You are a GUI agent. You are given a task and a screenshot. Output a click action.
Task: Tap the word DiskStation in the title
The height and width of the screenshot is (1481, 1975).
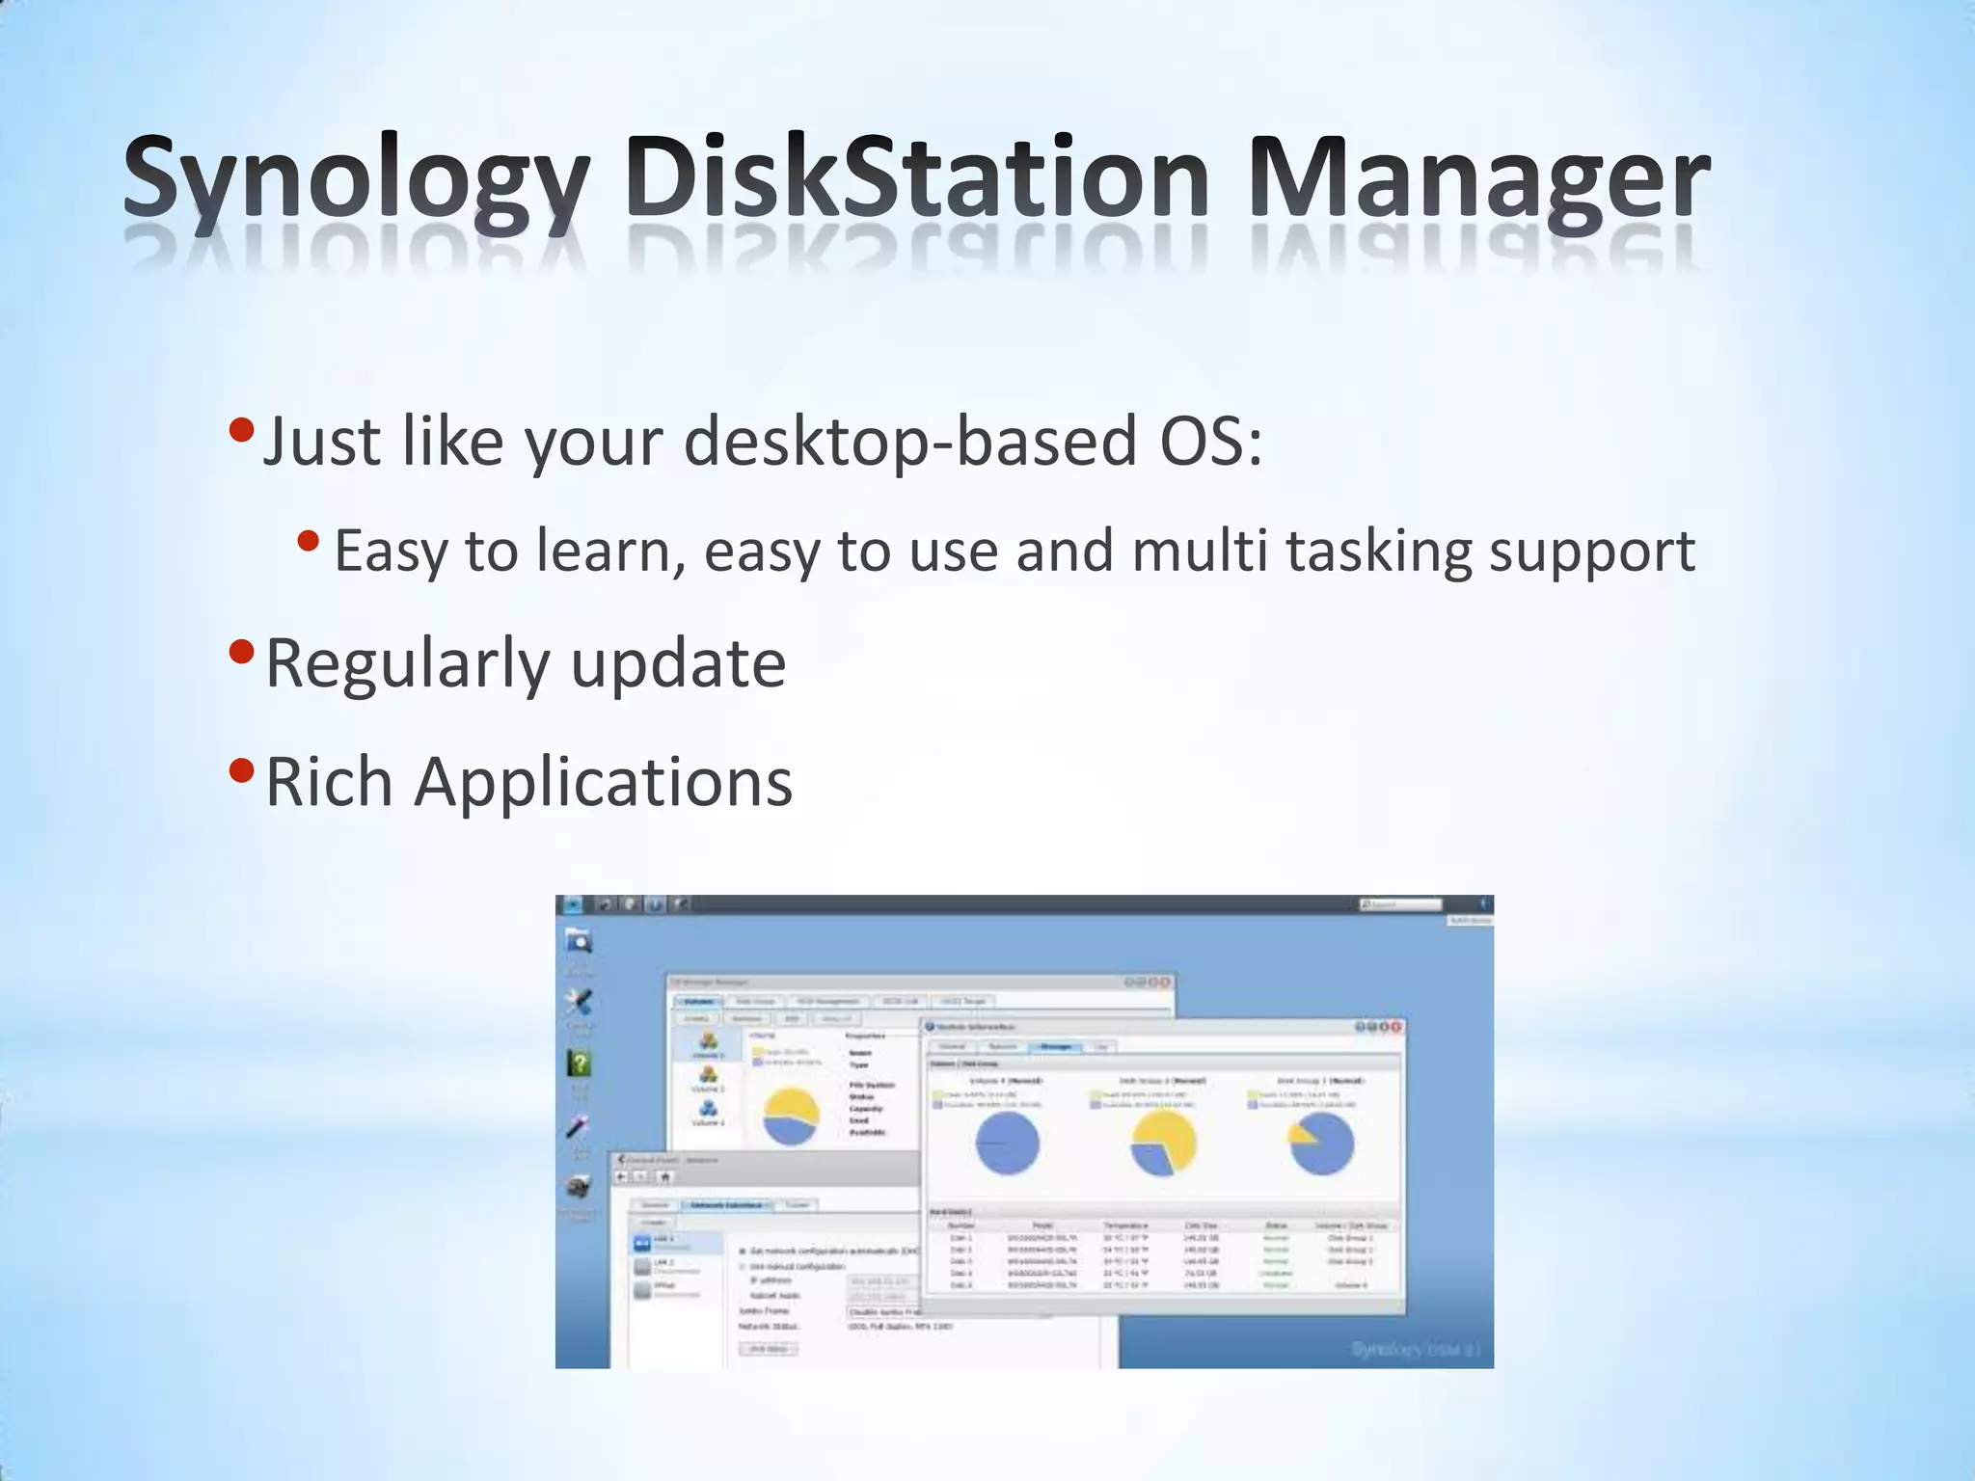[916, 179]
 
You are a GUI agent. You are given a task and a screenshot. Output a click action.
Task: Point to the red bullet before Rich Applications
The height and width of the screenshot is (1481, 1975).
[242, 771]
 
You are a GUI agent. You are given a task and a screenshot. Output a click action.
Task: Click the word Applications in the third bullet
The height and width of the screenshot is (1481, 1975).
[604, 781]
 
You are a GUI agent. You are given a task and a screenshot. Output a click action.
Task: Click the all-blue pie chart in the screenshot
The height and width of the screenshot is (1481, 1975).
[1008, 1144]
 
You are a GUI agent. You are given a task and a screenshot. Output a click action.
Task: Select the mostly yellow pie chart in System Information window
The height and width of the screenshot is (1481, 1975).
[1163, 1144]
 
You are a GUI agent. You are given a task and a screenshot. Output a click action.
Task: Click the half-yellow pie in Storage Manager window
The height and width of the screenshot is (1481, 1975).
[791, 1117]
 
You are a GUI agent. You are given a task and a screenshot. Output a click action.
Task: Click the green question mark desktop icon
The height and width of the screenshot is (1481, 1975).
[579, 1064]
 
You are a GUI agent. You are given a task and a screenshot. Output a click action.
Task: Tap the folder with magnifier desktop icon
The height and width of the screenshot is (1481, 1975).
[579, 940]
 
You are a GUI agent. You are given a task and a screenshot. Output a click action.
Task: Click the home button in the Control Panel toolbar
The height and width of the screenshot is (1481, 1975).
[664, 1176]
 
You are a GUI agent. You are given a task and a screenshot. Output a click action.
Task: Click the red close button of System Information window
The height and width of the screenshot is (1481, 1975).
[1394, 1028]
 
